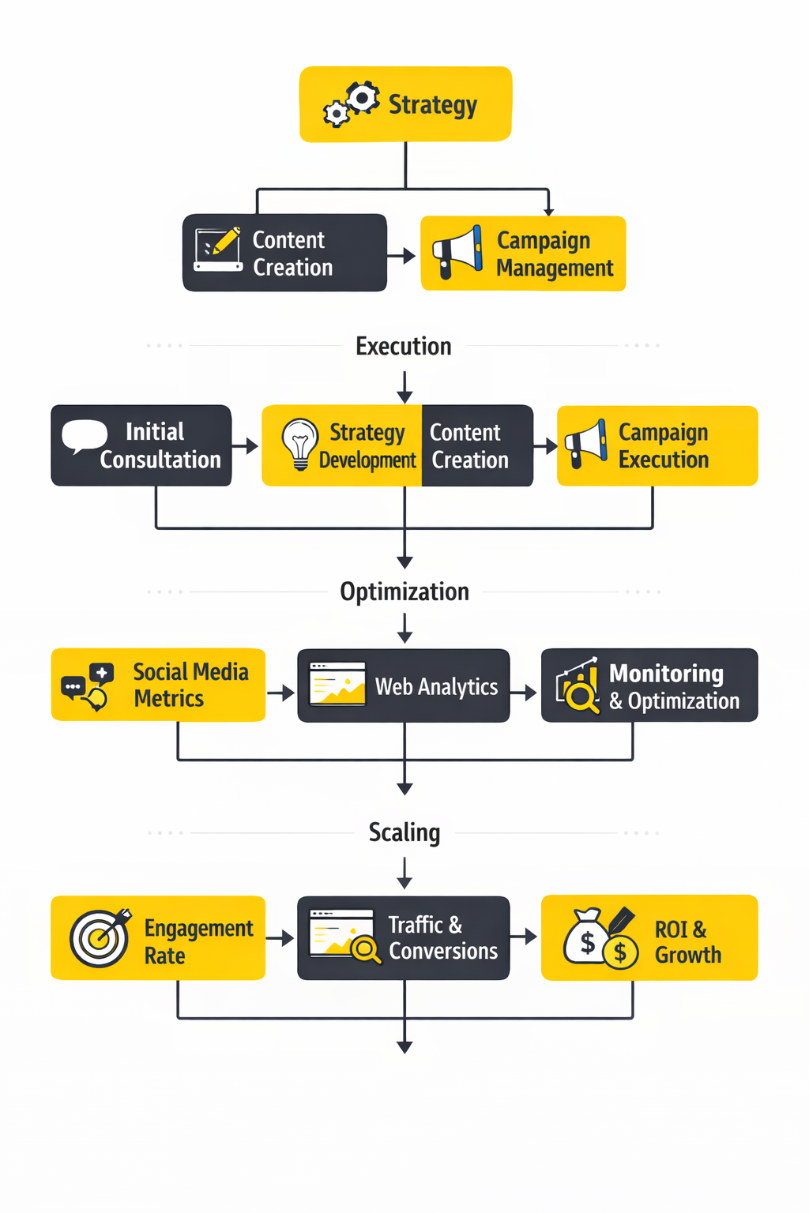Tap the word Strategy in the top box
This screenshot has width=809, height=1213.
432,104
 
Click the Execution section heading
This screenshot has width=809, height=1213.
403,346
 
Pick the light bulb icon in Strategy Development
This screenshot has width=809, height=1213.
300,444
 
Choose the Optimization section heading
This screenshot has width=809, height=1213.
404,591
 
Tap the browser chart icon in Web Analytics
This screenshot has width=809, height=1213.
337,684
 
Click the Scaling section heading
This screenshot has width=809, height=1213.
404,832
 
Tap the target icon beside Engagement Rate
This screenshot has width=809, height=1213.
100,937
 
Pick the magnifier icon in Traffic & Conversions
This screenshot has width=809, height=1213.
366,948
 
